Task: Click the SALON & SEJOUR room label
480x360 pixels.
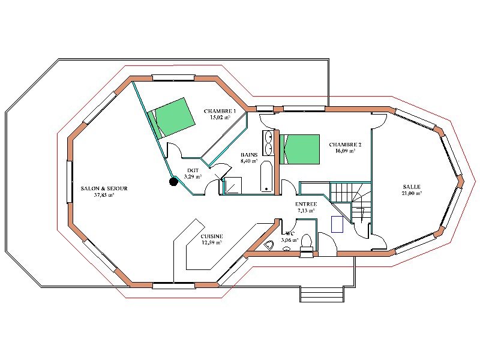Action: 104,188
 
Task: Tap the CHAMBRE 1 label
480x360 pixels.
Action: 220,111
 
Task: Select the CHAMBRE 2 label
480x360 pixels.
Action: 345,145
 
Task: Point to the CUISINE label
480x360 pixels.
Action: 212,236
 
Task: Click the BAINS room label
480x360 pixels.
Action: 249,155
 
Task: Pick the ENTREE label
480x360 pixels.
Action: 306,204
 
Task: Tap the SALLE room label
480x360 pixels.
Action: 412,187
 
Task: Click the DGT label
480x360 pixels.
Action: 193,170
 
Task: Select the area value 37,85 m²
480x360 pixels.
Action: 104,194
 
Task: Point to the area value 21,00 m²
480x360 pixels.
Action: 412,193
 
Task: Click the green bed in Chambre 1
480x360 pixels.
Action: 172,118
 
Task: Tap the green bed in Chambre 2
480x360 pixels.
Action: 299,149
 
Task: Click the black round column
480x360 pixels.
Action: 173,182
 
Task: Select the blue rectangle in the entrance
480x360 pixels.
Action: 337,224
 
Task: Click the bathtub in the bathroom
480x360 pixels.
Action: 266,176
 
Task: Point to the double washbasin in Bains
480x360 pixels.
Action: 268,143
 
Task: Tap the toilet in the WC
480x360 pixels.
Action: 306,244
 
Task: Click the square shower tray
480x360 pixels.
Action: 233,185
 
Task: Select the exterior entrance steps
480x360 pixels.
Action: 322,294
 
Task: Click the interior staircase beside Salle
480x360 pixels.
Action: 351,202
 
